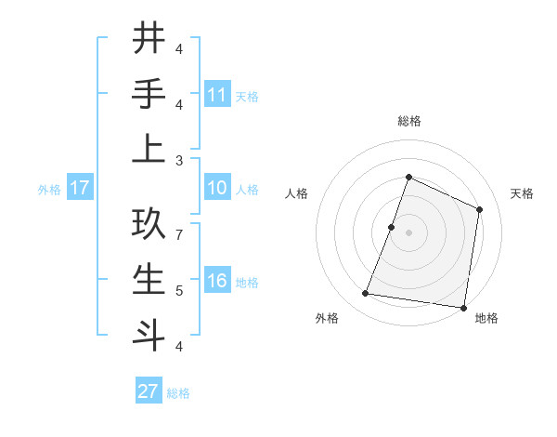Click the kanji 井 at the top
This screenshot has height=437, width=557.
[149, 39]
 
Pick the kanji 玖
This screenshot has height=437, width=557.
[149, 225]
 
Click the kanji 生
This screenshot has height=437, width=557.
[149, 280]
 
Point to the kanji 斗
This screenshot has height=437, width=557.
[149, 334]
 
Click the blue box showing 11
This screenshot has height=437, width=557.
[217, 95]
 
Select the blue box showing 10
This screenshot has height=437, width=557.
[217, 189]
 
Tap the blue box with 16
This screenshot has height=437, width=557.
[217, 282]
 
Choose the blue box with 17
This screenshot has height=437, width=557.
[80, 189]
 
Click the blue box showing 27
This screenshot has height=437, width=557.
[149, 391]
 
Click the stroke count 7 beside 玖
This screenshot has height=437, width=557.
[179, 236]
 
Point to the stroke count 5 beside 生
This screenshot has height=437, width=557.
[179, 291]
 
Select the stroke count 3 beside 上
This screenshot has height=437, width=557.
[179, 160]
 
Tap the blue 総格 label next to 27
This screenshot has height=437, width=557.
[178, 393]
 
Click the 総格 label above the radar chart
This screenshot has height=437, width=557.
[408, 121]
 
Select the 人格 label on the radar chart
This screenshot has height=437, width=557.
[296, 193]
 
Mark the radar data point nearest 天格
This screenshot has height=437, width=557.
[480, 209]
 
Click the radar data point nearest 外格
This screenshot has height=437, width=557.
[366, 294]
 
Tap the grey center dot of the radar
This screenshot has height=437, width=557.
[408, 232]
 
